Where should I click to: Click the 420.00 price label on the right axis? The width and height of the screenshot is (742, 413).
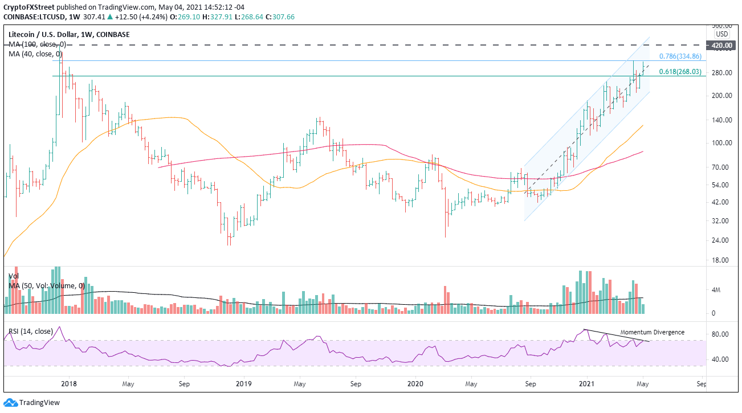[x=720, y=45]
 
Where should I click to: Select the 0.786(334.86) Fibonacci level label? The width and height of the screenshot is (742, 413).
[x=682, y=56]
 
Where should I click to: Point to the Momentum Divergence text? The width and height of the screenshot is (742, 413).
[x=652, y=332]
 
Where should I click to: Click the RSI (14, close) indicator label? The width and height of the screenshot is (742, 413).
[x=31, y=331]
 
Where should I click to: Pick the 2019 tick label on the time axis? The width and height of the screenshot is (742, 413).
[x=243, y=384]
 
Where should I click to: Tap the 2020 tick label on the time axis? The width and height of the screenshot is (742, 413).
[x=416, y=384]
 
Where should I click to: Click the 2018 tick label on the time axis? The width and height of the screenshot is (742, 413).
[x=68, y=384]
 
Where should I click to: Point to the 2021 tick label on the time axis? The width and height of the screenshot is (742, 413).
[x=587, y=384]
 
